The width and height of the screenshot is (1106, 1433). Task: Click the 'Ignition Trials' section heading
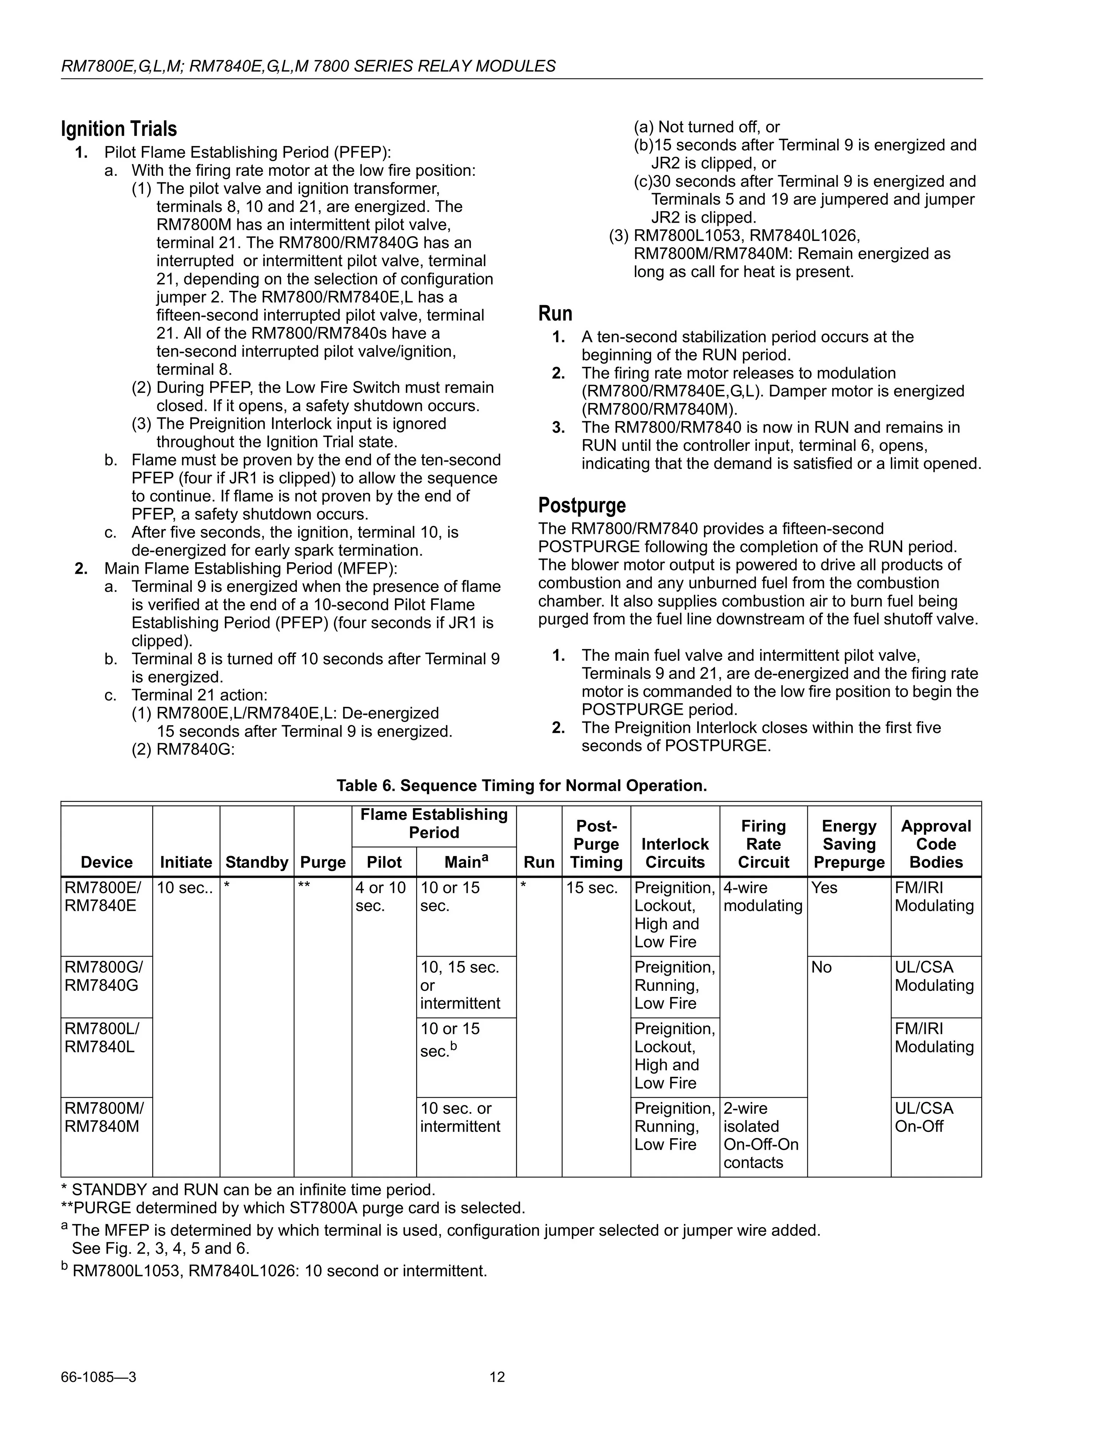[119, 129]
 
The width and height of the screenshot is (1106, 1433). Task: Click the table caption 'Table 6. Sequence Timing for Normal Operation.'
[522, 785]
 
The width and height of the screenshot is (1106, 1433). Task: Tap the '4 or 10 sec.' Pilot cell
[381, 896]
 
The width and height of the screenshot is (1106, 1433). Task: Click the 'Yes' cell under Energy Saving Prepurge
[824, 888]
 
